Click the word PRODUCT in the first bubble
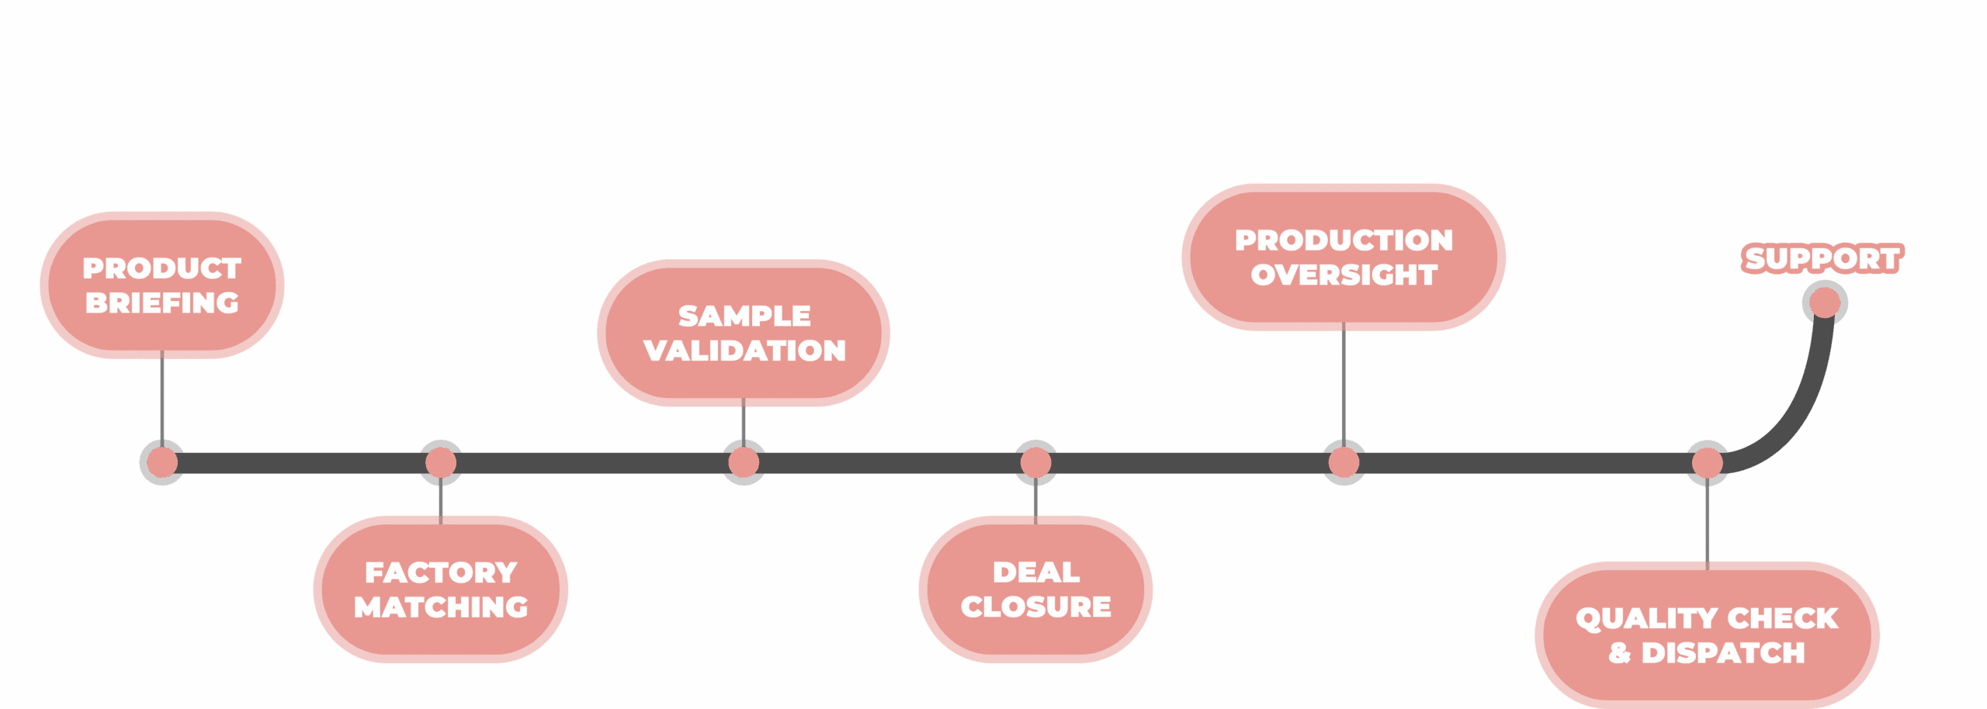[161, 268]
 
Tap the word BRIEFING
[161, 303]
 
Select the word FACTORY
[440, 572]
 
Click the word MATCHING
[440, 607]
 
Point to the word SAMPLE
[744, 316]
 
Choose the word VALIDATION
[744, 350]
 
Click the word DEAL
[1035, 572]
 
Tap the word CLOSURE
[1035, 607]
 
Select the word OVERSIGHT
[1344, 275]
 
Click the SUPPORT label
[1822, 258]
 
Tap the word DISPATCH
[1722, 652]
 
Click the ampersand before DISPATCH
[1619, 652]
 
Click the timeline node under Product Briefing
[161, 463]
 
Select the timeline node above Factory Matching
[440, 463]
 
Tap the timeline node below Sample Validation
[744, 463]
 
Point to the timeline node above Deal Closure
[1035, 463]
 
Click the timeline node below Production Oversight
[1344, 463]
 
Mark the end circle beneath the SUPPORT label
[1824, 303]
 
